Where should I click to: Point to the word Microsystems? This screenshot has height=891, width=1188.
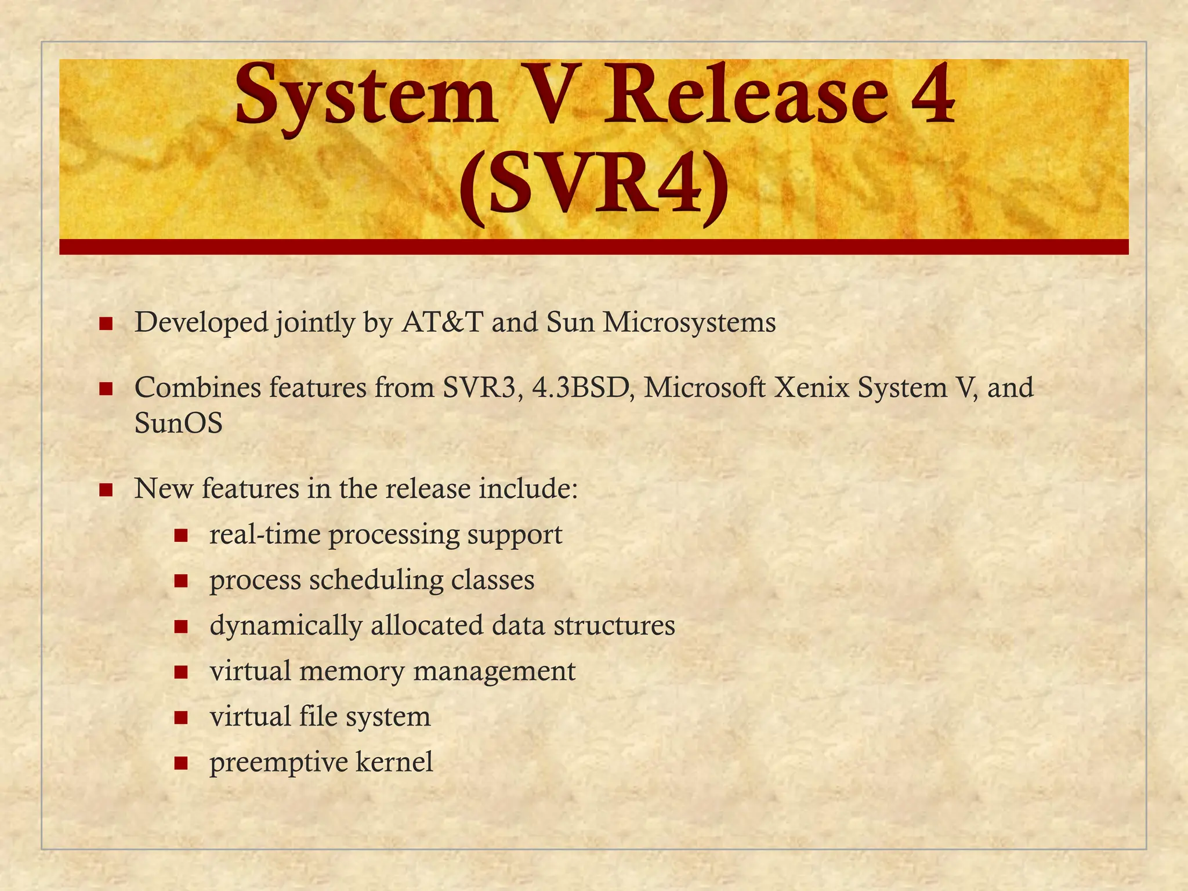pos(689,323)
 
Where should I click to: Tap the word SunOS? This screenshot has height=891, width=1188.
pos(179,423)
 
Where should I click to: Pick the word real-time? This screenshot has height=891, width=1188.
pos(265,535)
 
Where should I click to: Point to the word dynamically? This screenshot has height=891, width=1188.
pos(286,626)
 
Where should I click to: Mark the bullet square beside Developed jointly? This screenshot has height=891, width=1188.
pos(106,324)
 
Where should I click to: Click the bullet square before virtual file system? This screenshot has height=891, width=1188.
pos(181,718)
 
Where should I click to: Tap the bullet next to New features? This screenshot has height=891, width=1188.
pos(106,490)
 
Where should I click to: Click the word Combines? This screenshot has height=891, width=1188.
pos(198,387)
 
